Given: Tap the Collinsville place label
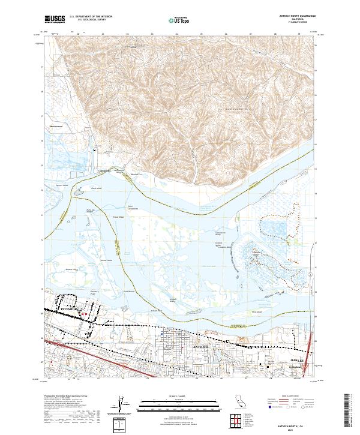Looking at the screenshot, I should (106, 170).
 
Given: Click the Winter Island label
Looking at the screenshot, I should (106, 260).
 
